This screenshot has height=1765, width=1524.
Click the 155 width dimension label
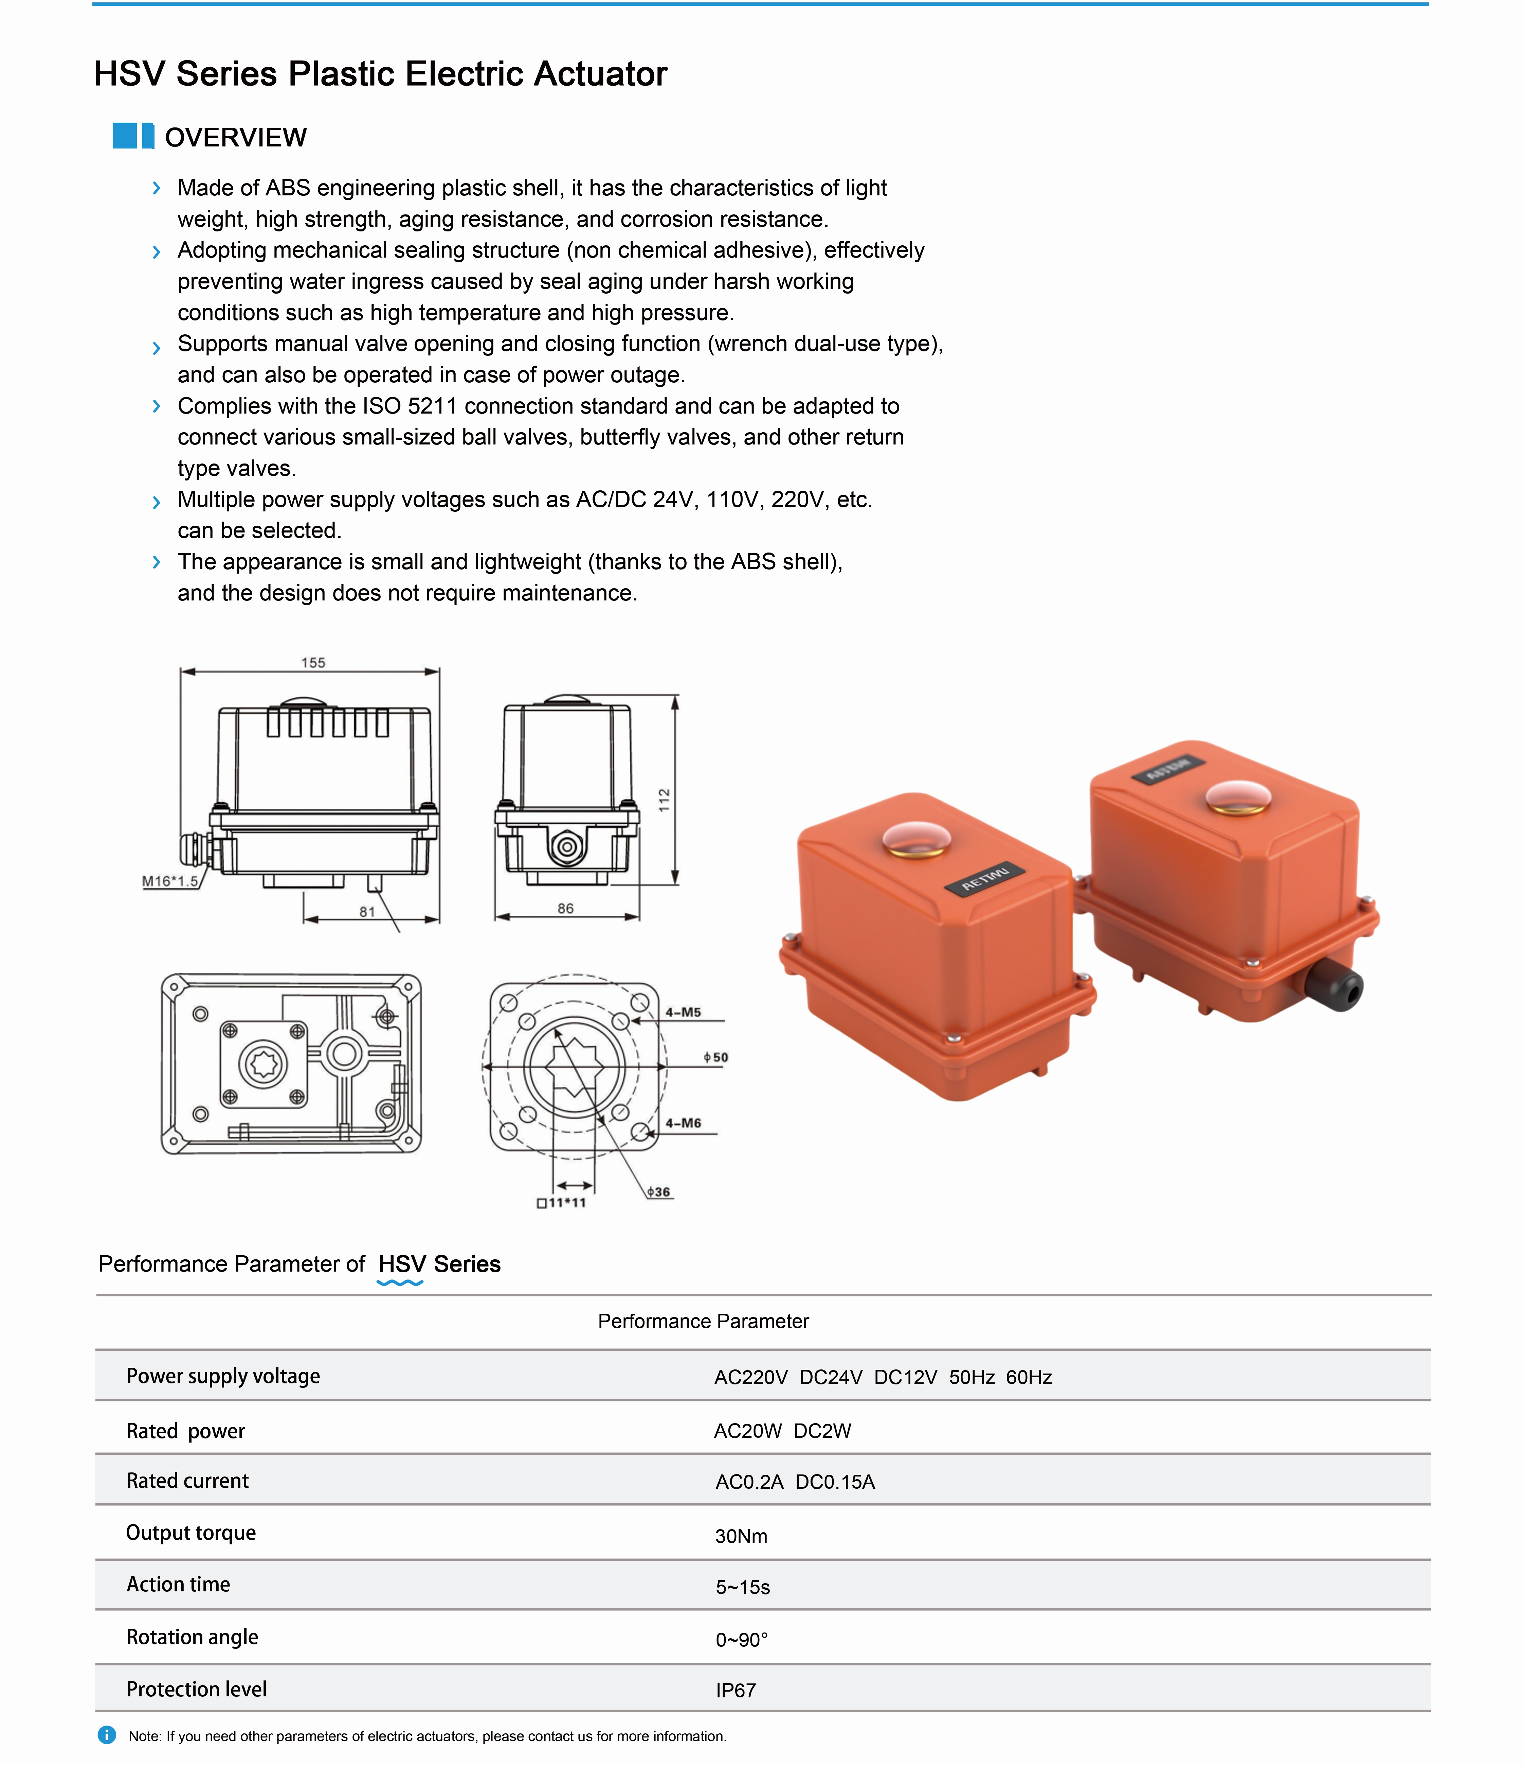[312, 662]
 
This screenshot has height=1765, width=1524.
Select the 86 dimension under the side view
[565, 908]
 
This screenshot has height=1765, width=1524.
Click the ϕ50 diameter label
[715, 1057]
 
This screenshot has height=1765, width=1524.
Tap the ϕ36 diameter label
[658, 1192]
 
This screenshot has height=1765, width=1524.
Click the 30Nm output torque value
[741, 1536]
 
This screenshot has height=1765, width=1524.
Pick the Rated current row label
[187, 1481]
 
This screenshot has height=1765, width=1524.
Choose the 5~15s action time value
[742, 1587]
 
